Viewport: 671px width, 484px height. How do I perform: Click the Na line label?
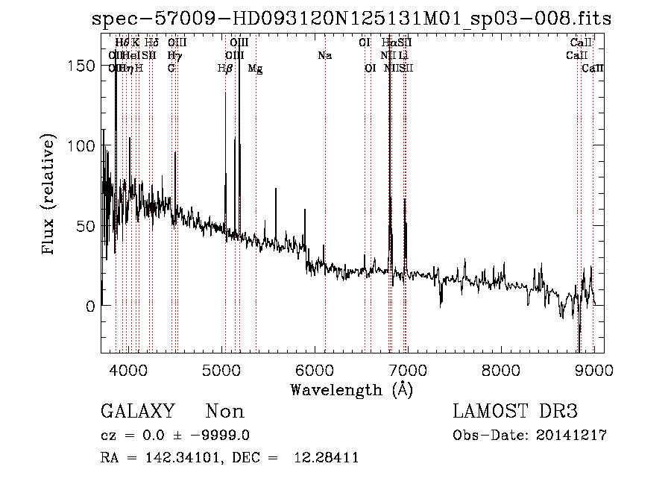coord(324,55)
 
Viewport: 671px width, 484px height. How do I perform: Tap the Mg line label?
coord(255,69)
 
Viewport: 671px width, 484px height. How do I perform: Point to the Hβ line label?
coord(224,69)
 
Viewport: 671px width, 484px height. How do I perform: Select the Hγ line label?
coord(174,55)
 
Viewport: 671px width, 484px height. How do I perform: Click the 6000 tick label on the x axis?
coord(314,368)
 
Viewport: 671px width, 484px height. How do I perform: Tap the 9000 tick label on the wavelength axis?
coord(593,368)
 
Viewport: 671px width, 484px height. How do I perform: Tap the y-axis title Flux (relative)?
coord(50,195)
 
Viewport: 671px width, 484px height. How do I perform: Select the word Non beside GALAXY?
coord(224,412)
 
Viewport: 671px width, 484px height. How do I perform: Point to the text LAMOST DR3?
coord(514,412)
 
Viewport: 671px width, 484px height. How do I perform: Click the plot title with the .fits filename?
coord(350,19)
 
